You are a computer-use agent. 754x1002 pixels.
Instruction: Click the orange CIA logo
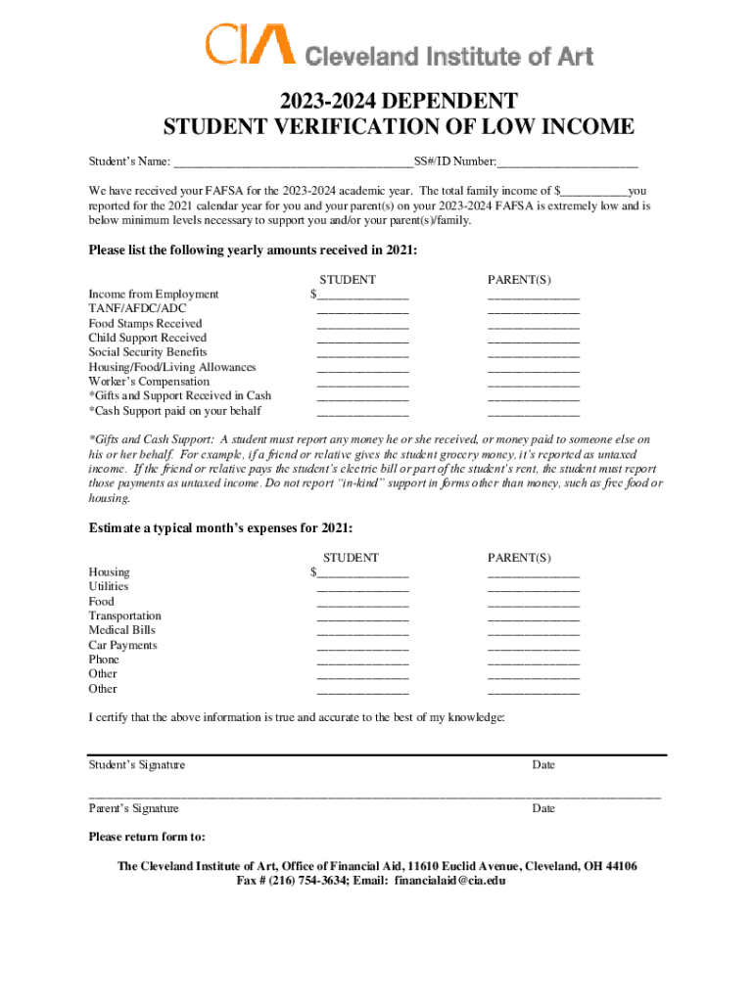pyautogui.click(x=249, y=44)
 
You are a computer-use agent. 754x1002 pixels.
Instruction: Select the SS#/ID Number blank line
pyautogui.click(x=567, y=161)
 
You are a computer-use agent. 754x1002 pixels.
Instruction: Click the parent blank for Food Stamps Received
pyautogui.click(x=534, y=324)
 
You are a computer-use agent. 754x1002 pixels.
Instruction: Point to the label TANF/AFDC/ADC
pyautogui.click(x=137, y=308)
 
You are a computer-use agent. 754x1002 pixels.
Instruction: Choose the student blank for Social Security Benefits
pyautogui.click(x=361, y=353)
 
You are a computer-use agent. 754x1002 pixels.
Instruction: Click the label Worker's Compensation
pyautogui.click(x=149, y=382)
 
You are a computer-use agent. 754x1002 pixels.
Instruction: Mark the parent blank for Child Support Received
pyautogui.click(x=534, y=339)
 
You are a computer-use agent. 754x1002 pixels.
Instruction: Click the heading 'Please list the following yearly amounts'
pyautogui.click(x=253, y=251)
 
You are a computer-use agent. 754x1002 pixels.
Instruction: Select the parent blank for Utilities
pyautogui.click(x=534, y=587)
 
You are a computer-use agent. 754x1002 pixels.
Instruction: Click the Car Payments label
pyautogui.click(x=122, y=646)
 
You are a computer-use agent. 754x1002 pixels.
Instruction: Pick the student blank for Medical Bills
pyautogui.click(x=361, y=631)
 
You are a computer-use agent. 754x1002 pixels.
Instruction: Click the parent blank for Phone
pyautogui.click(x=534, y=660)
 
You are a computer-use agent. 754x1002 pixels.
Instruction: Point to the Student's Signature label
pyautogui.click(x=136, y=765)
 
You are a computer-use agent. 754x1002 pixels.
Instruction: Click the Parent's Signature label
pyautogui.click(x=133, y=809)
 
